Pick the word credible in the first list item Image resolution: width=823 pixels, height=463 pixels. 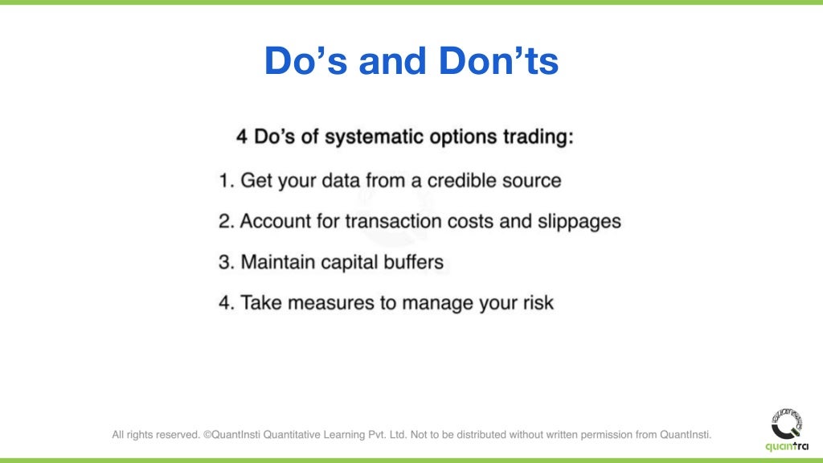(465, 180)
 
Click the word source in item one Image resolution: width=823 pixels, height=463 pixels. (534, 180)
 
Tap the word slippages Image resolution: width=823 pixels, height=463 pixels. (579, 221)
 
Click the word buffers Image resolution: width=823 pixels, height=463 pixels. (411, 262)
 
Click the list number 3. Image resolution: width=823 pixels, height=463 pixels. (226, 262)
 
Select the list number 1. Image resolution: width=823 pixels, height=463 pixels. (225, 180)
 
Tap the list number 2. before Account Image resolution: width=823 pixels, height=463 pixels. (226, 221)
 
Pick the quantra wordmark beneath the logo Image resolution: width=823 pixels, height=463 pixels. (786, 447)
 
